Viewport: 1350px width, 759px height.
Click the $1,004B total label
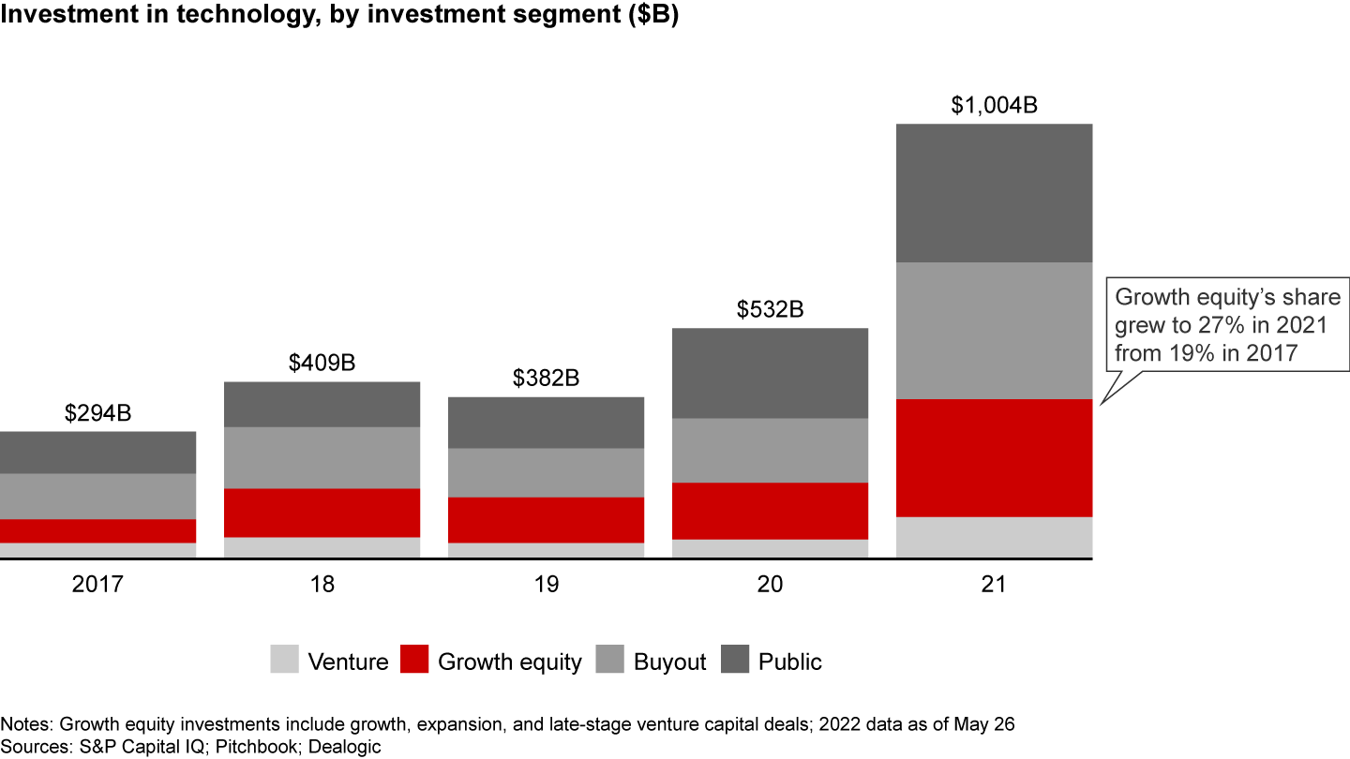click(x=994, y=105)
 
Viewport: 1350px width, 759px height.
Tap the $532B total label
click(x=770, y=309)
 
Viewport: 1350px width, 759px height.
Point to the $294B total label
click(x=97, y=413)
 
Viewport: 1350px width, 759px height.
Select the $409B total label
click(x=322, y=363)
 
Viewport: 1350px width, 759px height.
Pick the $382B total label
click(x=546, y=378)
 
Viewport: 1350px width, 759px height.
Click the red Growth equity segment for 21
click(x=994, y=457)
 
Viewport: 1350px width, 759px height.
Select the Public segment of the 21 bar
click(x=994, y=192)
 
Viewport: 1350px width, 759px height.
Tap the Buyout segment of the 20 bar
click(x=770, y=450)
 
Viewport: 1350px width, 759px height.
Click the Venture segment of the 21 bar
click(x=994, y=537)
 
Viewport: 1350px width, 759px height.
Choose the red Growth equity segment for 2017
click(x=97, y=530)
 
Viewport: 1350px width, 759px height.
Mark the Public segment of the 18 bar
click(x=322, y=404)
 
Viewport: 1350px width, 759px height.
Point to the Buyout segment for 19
click(x=546, y=472)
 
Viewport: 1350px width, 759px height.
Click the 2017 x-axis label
click(x=97, y=585)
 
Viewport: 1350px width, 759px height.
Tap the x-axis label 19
click(x=546, y=585)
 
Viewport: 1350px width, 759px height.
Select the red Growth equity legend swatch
click(x=414, y=660)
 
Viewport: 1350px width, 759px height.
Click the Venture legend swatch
click(x=284, y=660)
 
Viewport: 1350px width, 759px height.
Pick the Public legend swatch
click(x=735, y=660)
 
